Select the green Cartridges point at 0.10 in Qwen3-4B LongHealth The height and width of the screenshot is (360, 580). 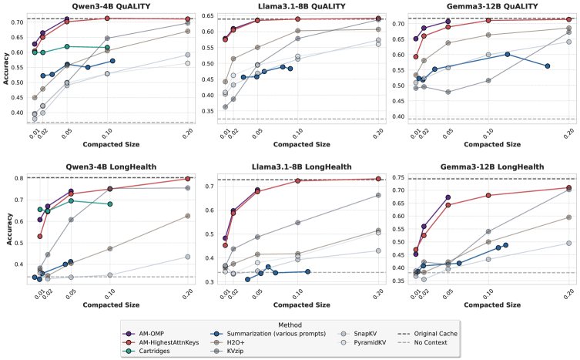[110, 204]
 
